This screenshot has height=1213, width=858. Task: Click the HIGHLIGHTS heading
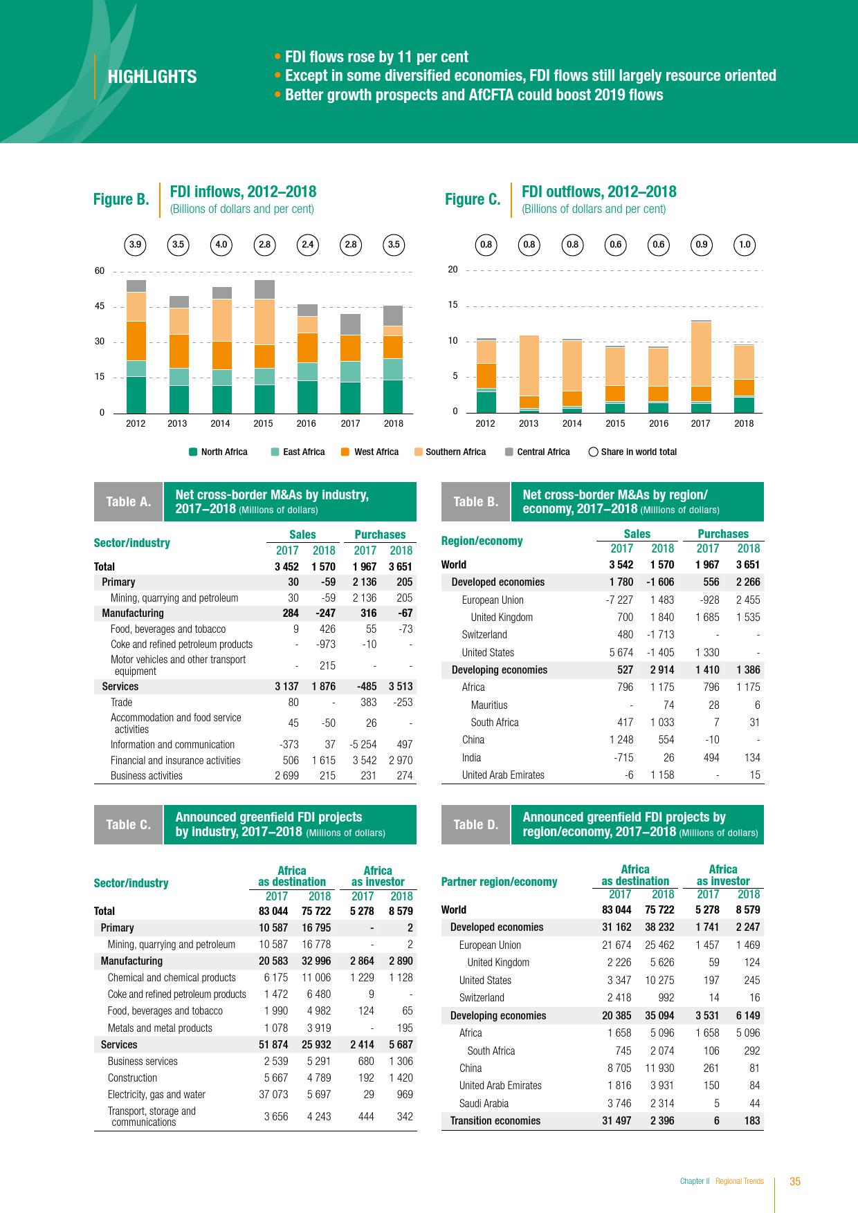[152, 77]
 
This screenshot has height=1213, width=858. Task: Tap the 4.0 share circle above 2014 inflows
[221, 244]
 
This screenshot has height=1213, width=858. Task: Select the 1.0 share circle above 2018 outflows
[745, 244]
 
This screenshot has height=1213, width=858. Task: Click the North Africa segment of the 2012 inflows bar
[136, 394]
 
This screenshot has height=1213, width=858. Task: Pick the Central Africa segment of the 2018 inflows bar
[393, 315]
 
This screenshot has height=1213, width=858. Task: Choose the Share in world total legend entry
[632, 452]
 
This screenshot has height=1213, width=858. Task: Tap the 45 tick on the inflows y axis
[100, 306]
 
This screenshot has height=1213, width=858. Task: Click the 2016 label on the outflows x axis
[658, 423]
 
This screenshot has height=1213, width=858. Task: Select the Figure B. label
[121, 200]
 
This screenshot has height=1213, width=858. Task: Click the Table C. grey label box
[128, 824]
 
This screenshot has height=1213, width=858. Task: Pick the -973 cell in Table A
[325, 645]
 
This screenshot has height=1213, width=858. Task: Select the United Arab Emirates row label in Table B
[503, 775]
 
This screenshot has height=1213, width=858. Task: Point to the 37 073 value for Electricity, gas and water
[273, 1095]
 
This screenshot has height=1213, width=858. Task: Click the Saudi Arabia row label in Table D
[484, 1104]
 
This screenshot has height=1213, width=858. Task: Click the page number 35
[795, 1182]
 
